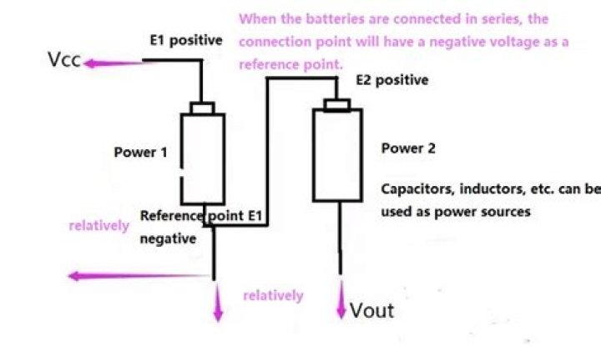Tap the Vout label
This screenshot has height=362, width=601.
(x=371, y=311)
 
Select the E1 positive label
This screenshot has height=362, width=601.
(x=185, y=40)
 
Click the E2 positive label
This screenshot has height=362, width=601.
(x=391, y=80)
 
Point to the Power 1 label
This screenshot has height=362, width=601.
(x=140, y=153)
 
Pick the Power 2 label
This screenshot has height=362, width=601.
(x=408, y=148)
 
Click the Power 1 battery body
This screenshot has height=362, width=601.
(x=203, y=158)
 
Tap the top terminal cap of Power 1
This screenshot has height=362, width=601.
(x=203, y=108)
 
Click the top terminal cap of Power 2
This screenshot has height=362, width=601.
(x=338, y=103)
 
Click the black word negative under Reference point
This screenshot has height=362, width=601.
(x=168, y=239)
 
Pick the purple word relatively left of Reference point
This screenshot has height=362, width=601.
(x=98, y=225)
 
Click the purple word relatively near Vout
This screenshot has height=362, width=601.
(x=273, y=295)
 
